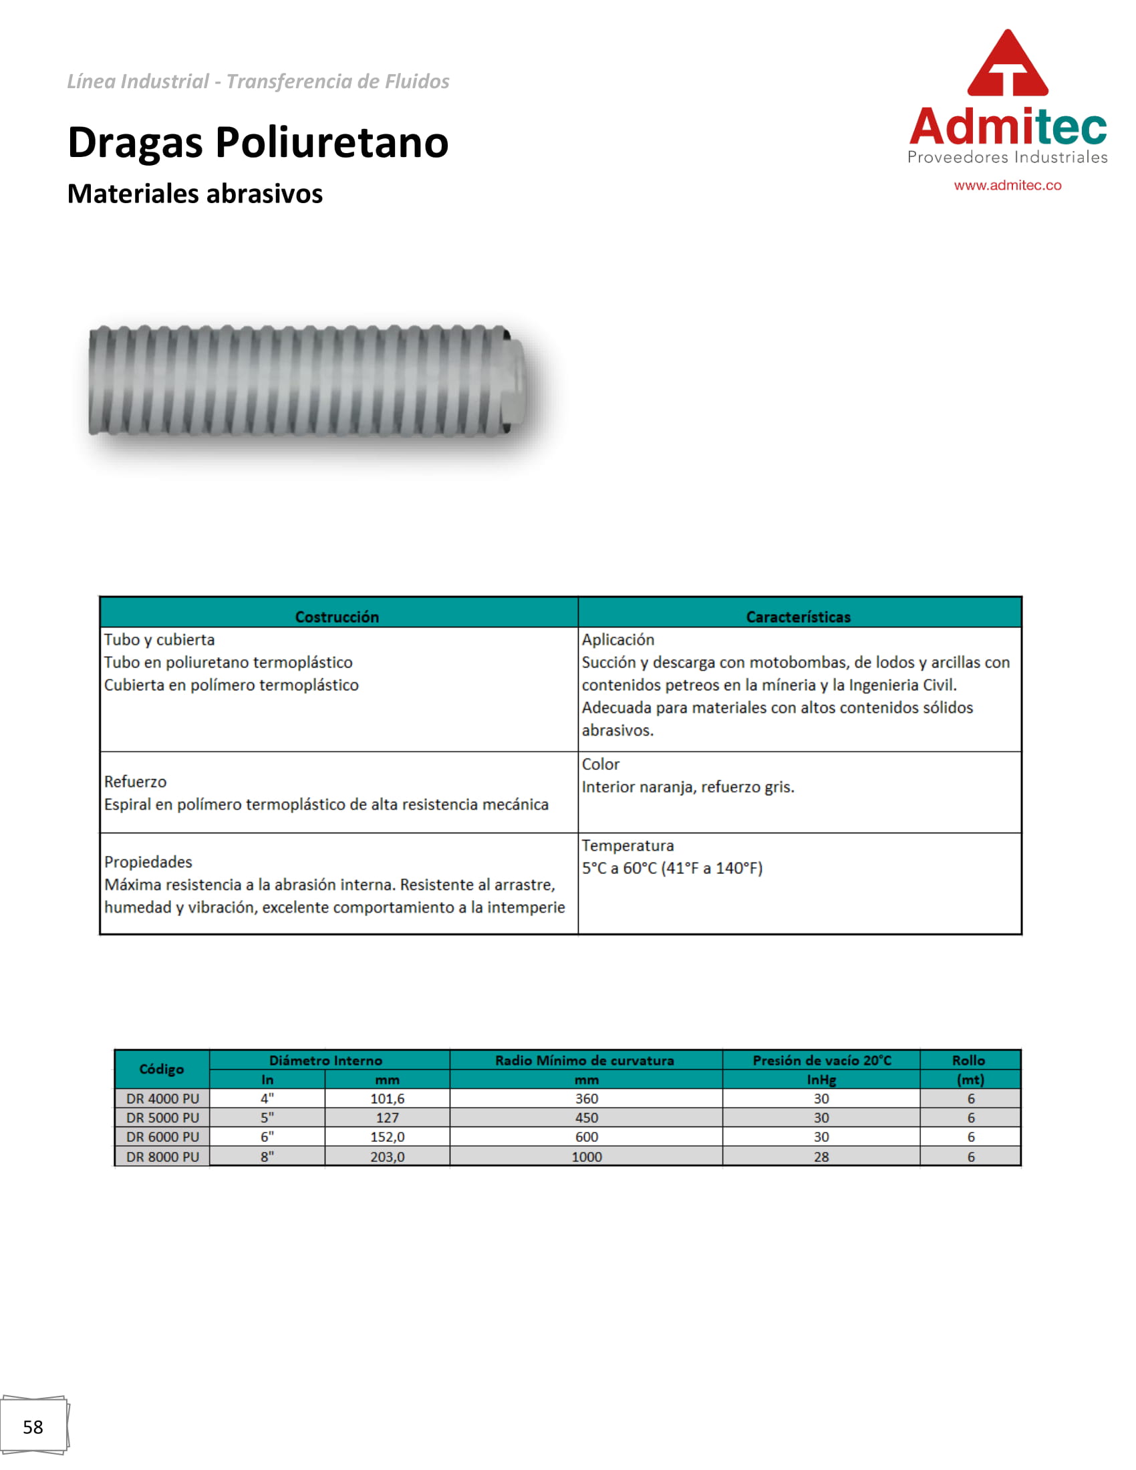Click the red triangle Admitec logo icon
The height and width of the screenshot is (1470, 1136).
(1007, 64)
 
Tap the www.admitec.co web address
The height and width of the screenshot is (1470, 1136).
(1007, 185)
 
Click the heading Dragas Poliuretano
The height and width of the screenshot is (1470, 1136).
(258, 143)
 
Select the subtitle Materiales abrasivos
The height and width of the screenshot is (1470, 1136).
(195, 194)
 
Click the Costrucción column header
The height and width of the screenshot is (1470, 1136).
(337, 617)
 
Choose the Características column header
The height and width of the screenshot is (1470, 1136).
(798, 617)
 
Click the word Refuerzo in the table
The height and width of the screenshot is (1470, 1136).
(135, 782)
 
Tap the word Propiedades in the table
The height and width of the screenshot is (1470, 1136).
(148, 861)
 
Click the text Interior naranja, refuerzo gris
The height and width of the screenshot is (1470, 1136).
(688, 787)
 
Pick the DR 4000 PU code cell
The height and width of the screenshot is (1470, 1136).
(163, 1098)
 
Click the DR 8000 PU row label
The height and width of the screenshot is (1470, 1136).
(163, 1157)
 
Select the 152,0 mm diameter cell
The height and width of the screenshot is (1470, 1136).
(387, 1137)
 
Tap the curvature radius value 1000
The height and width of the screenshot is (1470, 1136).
(586, 1157)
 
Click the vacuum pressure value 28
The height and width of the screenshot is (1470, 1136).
(821, 1157)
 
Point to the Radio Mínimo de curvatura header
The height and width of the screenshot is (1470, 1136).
(585, 1060)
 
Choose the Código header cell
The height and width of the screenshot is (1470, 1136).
(162, 1069)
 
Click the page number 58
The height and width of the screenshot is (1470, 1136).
(33, 1427)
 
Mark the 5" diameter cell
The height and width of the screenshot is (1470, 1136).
(267, 1117)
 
